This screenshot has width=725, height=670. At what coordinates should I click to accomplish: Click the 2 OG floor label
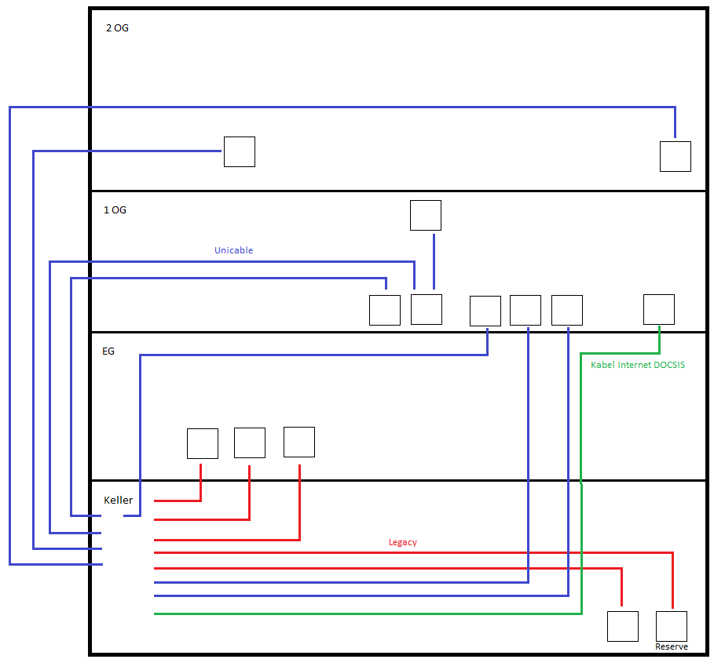(117, 28)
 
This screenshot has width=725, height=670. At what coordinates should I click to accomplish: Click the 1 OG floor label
(115, 210)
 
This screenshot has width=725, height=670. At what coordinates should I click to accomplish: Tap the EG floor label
(108, 351)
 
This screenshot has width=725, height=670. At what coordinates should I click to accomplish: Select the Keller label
(118, 501)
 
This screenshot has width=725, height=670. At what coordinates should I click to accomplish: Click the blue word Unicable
(233, 251)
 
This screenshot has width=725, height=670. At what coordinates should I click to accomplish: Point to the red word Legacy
(402, 543)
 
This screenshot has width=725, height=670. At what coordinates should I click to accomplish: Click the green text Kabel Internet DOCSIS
(637, 366)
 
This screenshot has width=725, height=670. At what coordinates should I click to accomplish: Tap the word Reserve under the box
(671, 647)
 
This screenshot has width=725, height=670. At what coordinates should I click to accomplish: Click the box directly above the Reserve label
(671, 626)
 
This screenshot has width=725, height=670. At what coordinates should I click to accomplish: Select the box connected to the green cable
(658, 309)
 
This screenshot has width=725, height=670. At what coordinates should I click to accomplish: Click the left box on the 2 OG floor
(239, 151)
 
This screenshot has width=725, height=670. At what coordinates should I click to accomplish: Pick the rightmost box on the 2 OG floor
(675, 156)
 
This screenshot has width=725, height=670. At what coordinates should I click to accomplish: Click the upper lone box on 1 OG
(425, 215)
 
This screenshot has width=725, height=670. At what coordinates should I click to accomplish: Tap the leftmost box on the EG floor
(202, 443)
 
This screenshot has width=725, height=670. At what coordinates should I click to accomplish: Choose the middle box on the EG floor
(249, 442)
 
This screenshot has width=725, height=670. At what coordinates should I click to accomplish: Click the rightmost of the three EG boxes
(298, 442)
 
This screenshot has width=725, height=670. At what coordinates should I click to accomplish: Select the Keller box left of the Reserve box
(622, 626)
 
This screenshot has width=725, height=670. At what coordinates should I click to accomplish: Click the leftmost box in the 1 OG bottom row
(384, 310)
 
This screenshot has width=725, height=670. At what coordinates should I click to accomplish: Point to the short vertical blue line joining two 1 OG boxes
(434, 262)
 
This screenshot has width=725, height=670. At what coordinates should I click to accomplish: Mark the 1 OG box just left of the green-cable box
(566, 310)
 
